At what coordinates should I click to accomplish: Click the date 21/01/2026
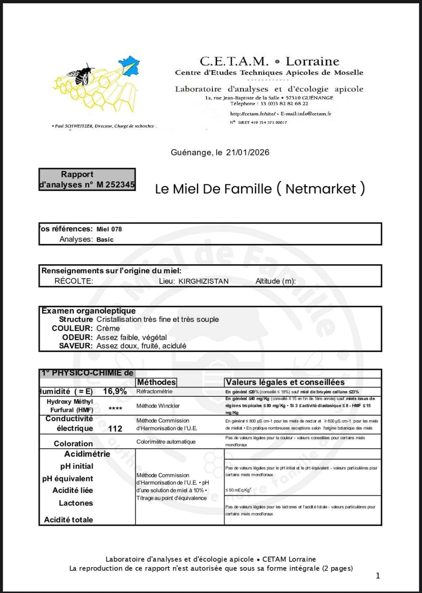[x=247, y=152]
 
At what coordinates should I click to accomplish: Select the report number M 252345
[x=115, y=185]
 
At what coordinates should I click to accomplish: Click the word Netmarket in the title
[x=321, y=189]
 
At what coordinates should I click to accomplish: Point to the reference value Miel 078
[x=109, y=229]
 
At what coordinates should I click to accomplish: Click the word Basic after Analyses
[x=105, y=239]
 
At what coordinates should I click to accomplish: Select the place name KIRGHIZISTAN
[x=203, y=281]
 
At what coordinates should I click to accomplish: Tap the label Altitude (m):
[x=276, y=281]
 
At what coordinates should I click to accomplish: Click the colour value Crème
[x=108, y=328]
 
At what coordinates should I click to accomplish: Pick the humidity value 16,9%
[x=115, y=391]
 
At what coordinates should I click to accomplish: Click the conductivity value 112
[x=115, y=428]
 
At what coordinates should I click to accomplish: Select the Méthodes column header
[x=156, y=382]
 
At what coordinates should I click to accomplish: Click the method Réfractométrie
[x=154, y=391]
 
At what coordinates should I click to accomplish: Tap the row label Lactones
[x=76, y=503]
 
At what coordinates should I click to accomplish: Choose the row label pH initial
[x=77, y=466]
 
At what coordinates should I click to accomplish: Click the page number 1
[x=378, y=576]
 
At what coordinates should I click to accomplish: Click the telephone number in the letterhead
[x=284, y=104]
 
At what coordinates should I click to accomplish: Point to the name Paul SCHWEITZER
[x=74, y=126]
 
